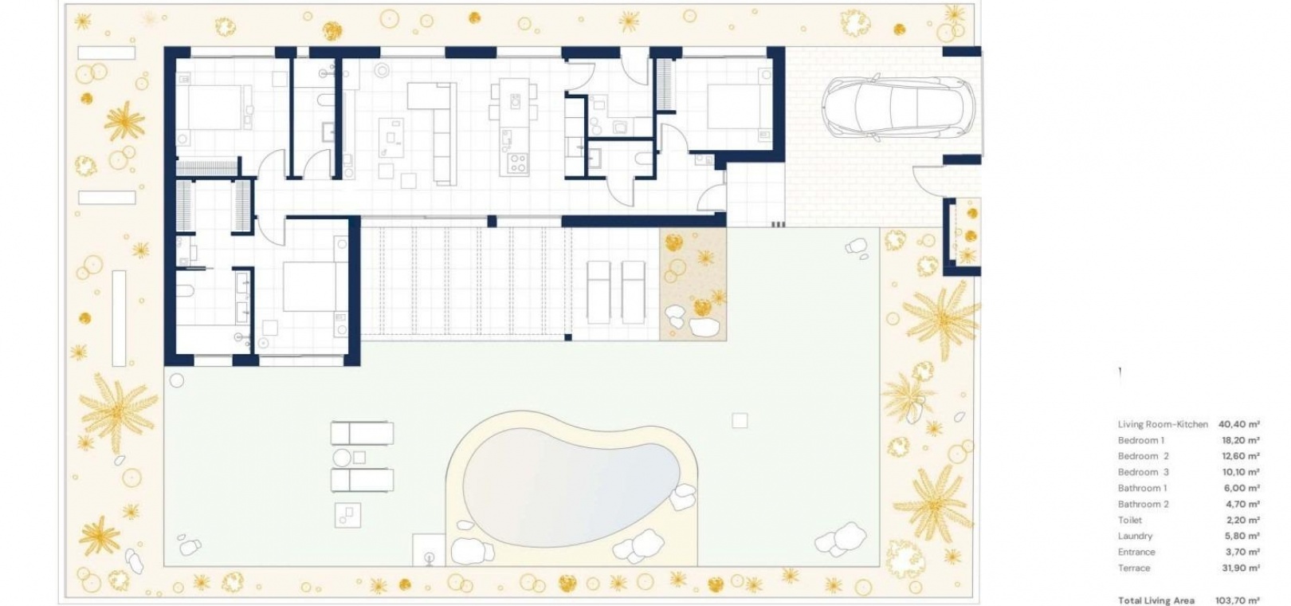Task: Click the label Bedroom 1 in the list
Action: click(x=1140, y=440)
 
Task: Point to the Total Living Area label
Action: click(x=1156, y=600)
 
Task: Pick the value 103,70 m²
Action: click(x=1238, y=600)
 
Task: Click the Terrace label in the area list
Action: click(x=1134, y=568)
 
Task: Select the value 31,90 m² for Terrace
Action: click(x=1240, y=568)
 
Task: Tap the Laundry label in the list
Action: click(x=1135, y=536)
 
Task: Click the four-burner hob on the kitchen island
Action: click(x=517, y=163)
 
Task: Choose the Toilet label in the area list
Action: click(x=1130, y=520)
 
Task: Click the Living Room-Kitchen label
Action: click(x=1163, y=423)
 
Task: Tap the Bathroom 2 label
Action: click(x=1143, y=504)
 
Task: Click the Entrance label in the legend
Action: click(x=1136, y=552)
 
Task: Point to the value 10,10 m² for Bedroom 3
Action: click(x=1240, y=472)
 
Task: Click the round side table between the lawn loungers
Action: click(x=342, y=458)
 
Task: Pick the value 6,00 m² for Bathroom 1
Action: click(x=1242, y=488)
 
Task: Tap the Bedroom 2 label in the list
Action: click(x=1143, y=455)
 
